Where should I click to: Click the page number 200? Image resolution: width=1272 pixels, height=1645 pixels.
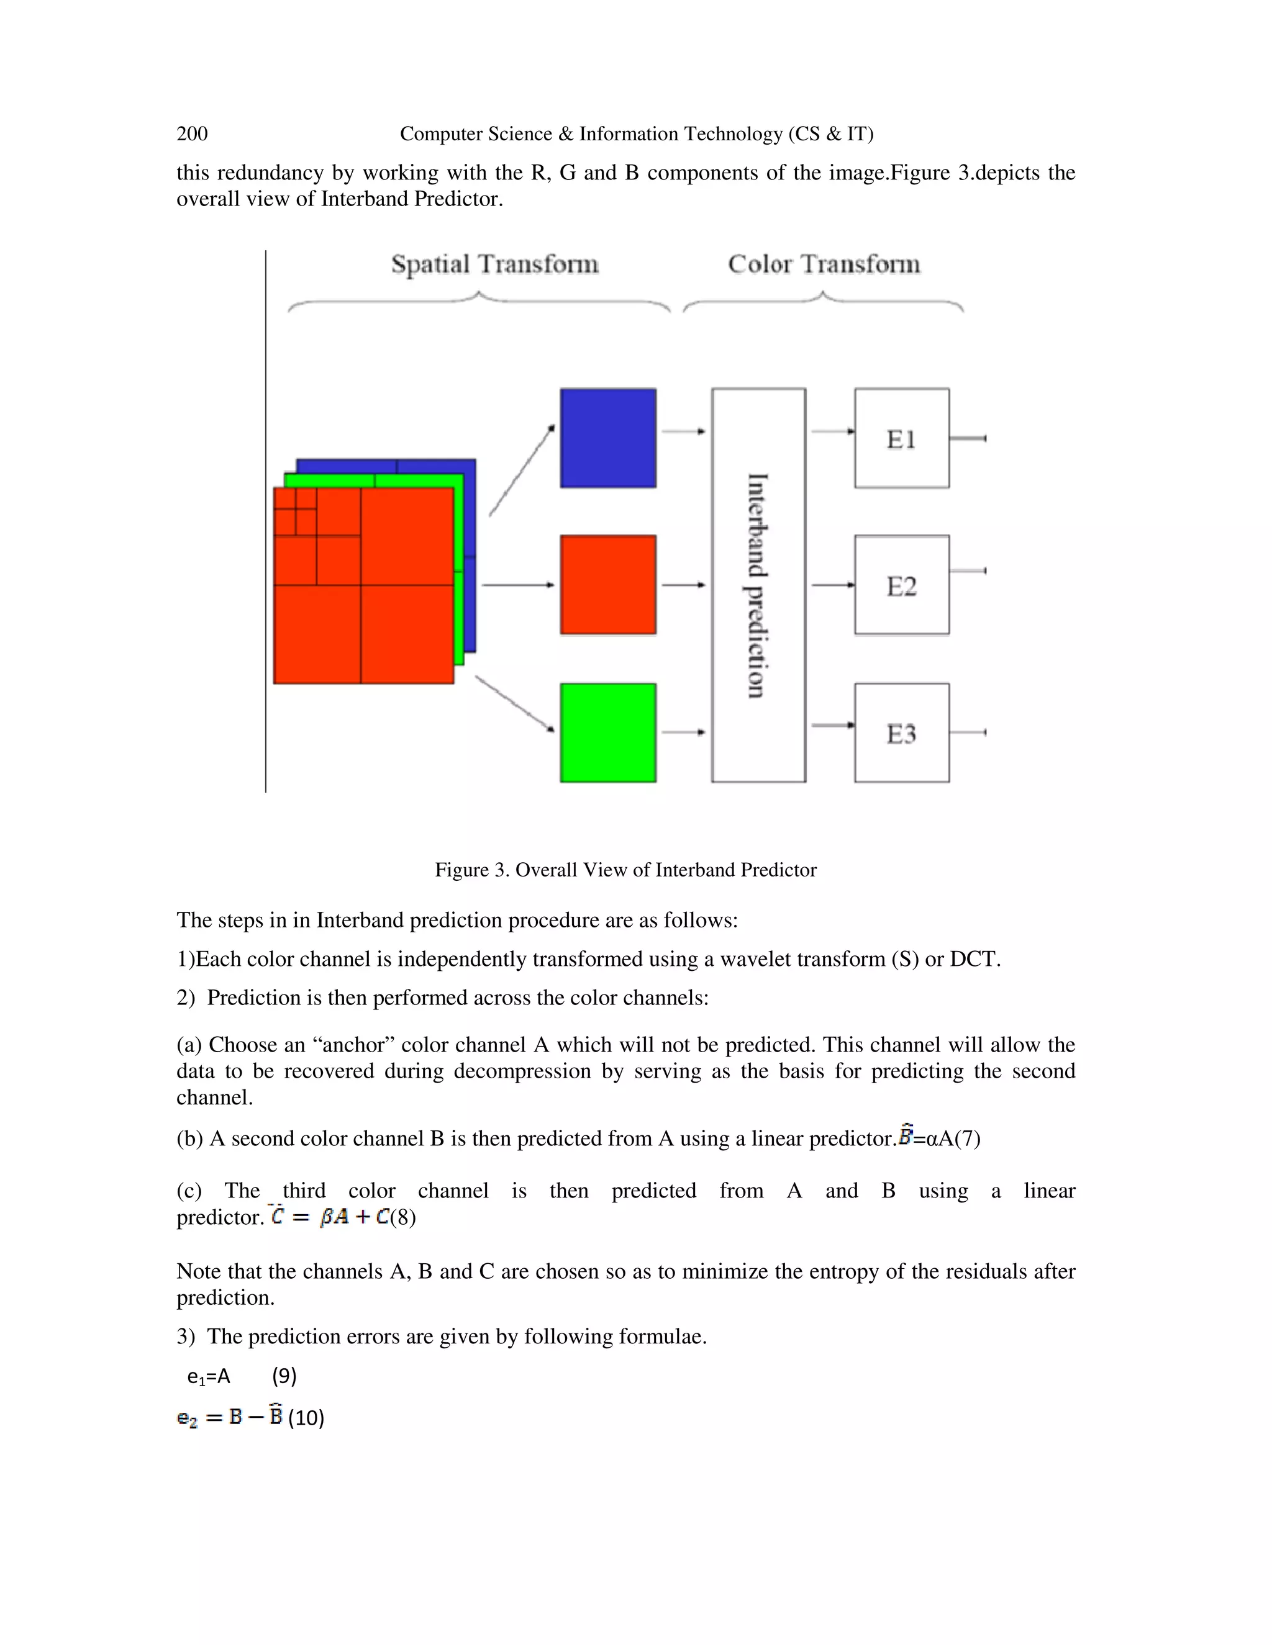click(192, 134)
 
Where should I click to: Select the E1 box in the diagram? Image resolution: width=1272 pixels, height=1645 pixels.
click(901, 438)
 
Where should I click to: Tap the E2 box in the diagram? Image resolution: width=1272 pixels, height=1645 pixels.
click(901, 585)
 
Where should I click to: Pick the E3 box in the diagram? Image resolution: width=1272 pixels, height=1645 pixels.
click(901, 733)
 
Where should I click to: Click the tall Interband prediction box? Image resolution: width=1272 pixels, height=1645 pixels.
click(758, 585)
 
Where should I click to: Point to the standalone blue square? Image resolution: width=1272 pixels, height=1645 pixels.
click(608, 438)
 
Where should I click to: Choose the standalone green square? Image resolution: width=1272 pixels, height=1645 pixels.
click(608, 733)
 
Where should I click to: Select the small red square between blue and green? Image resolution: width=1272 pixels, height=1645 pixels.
click(608, 585)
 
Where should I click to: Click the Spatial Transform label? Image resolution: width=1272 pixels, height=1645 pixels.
click(494, 264)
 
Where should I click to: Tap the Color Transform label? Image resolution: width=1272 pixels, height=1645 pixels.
click(824, 264)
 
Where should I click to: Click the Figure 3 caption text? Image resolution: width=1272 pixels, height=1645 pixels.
click(625, 870)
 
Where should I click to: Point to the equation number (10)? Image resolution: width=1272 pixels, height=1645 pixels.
click(306, 1418)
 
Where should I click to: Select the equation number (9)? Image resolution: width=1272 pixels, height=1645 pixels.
click(284, 1376)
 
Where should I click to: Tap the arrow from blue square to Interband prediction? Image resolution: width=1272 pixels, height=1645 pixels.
click(683, 431)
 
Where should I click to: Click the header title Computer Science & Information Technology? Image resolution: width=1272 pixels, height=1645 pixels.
click(636, 134)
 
